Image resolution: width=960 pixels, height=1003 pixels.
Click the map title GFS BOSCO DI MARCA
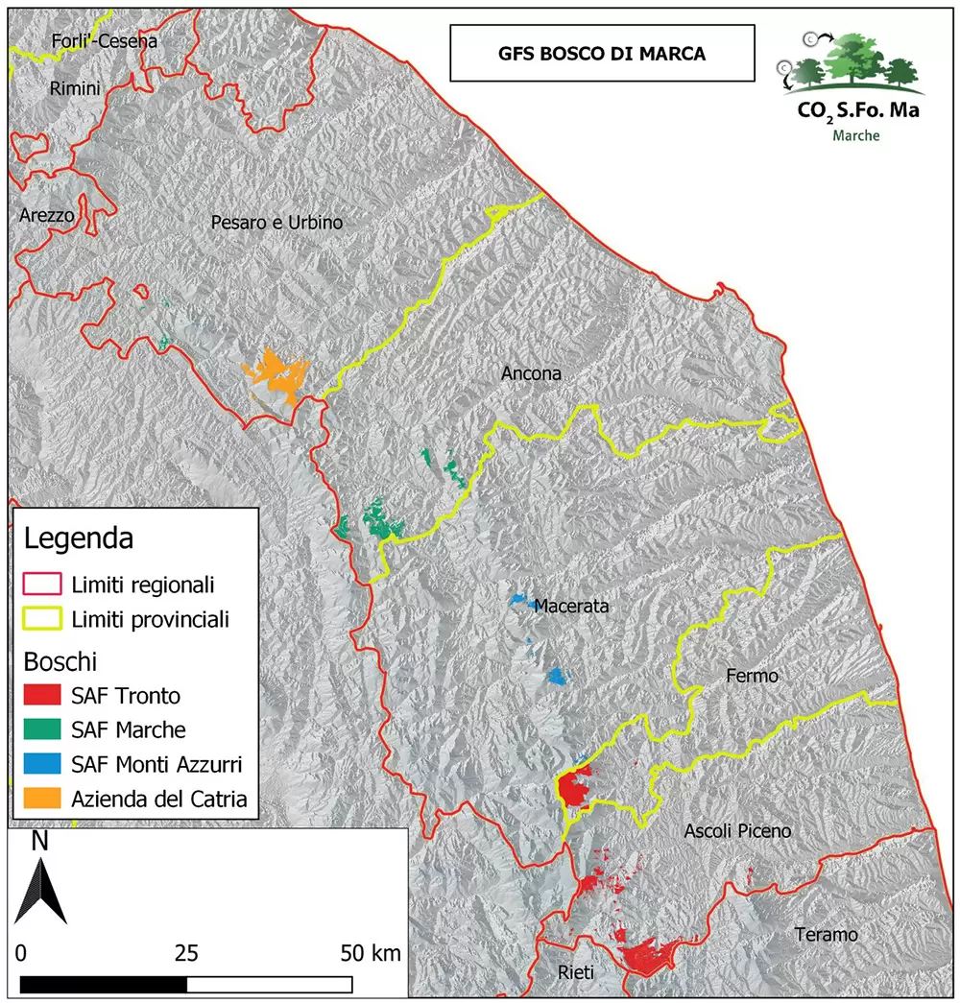point(602,54)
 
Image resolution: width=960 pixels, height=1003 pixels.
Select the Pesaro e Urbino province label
point(276,223)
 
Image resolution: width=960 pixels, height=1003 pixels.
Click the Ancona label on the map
point(531,373)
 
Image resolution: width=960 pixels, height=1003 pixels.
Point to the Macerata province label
point(571,606)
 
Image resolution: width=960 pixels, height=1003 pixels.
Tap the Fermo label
point(753,677)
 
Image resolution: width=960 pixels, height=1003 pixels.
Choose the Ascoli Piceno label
point(737,831)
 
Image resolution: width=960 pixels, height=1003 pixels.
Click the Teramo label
point(826,935)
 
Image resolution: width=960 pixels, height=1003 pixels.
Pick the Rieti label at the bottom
point(576,973)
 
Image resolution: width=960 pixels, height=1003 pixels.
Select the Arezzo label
point(46,216)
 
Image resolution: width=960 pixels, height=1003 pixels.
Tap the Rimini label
point(74,88)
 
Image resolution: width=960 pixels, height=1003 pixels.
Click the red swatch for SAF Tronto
point(41,695)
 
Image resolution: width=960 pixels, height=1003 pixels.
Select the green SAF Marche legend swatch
point(41,729)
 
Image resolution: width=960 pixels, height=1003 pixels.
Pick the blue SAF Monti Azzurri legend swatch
point(41,764)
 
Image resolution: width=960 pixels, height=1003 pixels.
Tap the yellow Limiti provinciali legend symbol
point(41,619)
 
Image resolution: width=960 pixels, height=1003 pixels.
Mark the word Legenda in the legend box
point(79,537)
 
